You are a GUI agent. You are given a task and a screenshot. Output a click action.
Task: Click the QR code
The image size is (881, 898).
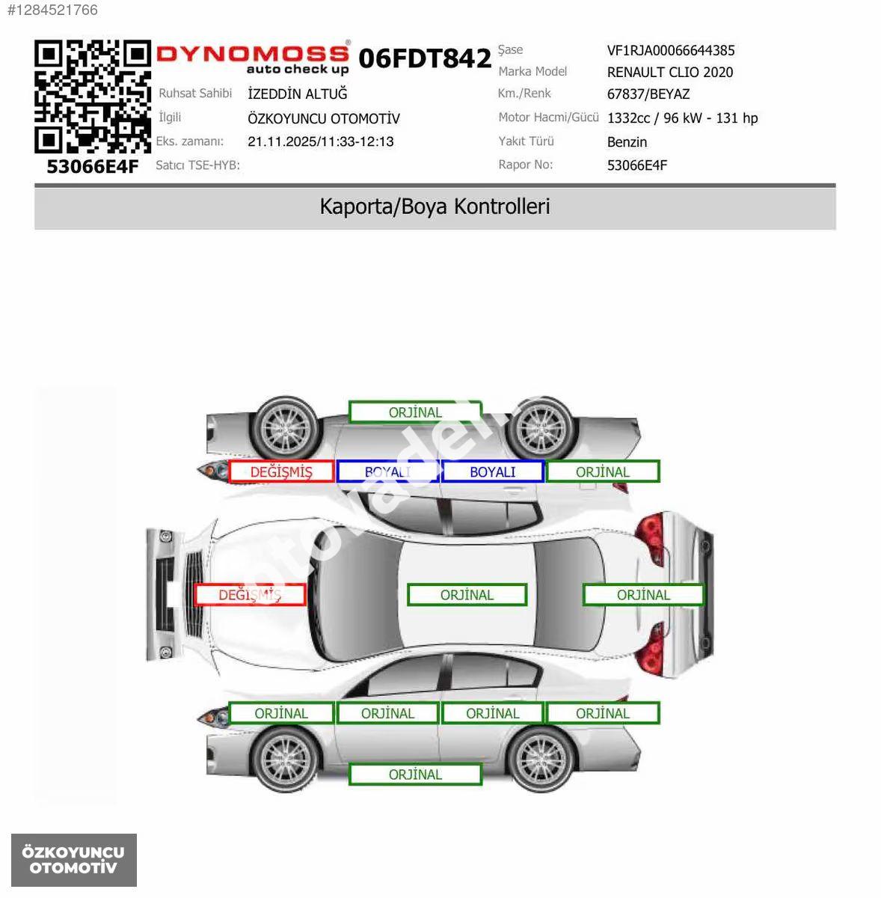pos(93,97)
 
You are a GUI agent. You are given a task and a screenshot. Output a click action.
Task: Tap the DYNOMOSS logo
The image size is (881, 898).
pos(253,58)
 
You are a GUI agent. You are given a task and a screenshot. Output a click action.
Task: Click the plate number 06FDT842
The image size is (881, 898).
pos(425,58)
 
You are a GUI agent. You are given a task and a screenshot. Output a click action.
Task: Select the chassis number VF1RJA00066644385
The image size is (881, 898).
pos(670,50)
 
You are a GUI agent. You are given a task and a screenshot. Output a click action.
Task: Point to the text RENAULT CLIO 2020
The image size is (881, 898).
pos(670,73)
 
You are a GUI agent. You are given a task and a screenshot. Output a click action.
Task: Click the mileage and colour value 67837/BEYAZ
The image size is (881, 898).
pos(648,94)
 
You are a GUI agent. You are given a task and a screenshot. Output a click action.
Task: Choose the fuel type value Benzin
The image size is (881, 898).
pos(627,141)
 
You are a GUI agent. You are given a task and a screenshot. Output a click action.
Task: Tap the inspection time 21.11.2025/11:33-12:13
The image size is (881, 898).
pos(321,141)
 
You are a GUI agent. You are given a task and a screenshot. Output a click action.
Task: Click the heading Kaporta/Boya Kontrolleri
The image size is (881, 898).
pos(435,207)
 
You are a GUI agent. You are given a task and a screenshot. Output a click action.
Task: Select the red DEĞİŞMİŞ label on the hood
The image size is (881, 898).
pos(250,595)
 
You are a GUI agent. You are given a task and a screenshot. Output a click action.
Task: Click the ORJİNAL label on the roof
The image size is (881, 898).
pos(467,595)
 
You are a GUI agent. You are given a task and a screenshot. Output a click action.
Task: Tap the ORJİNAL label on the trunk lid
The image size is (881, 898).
pos(643,595)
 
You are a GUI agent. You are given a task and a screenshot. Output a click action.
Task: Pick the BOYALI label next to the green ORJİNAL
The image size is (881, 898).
pos(493,471)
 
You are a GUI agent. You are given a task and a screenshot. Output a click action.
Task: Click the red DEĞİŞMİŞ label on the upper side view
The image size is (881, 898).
pos(281,471)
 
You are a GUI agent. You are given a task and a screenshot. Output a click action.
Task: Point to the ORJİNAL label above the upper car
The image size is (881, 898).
pos(415,412)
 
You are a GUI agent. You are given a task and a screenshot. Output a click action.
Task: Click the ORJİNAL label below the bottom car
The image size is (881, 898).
pos(415,775)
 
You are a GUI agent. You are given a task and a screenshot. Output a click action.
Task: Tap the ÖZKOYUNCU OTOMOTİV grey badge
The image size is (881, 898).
pos(73,860)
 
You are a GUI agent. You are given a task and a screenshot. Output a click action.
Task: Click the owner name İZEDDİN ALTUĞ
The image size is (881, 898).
pos(297,94)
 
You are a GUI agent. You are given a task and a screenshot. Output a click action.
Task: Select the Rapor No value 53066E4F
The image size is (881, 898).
pos(637,165)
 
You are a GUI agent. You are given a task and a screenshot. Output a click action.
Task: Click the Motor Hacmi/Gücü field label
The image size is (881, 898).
pos(548,117)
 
